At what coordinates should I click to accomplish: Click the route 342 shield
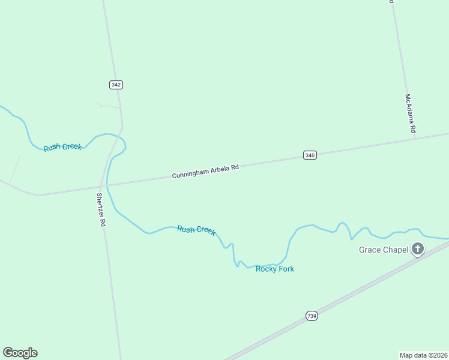[116, 85]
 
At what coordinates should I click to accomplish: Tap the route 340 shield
[310, 155]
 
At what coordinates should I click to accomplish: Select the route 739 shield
[311, 316]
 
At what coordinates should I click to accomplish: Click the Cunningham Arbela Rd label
[205, 171]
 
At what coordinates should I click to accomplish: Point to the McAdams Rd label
[409, 113]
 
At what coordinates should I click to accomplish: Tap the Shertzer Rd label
[101, 209]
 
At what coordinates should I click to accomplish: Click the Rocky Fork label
[275, 269]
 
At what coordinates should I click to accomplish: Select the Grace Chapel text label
[384, 250]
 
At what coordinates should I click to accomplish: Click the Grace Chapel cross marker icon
[418, 249]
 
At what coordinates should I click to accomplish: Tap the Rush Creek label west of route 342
[62, 146]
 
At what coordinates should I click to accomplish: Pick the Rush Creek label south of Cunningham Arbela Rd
[196, 230]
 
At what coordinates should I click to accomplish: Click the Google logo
[20, 353]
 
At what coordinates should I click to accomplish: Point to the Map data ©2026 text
[423, 355]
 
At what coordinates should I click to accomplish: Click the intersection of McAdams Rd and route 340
[414, 139]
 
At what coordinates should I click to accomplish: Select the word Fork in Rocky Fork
[286, 269]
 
